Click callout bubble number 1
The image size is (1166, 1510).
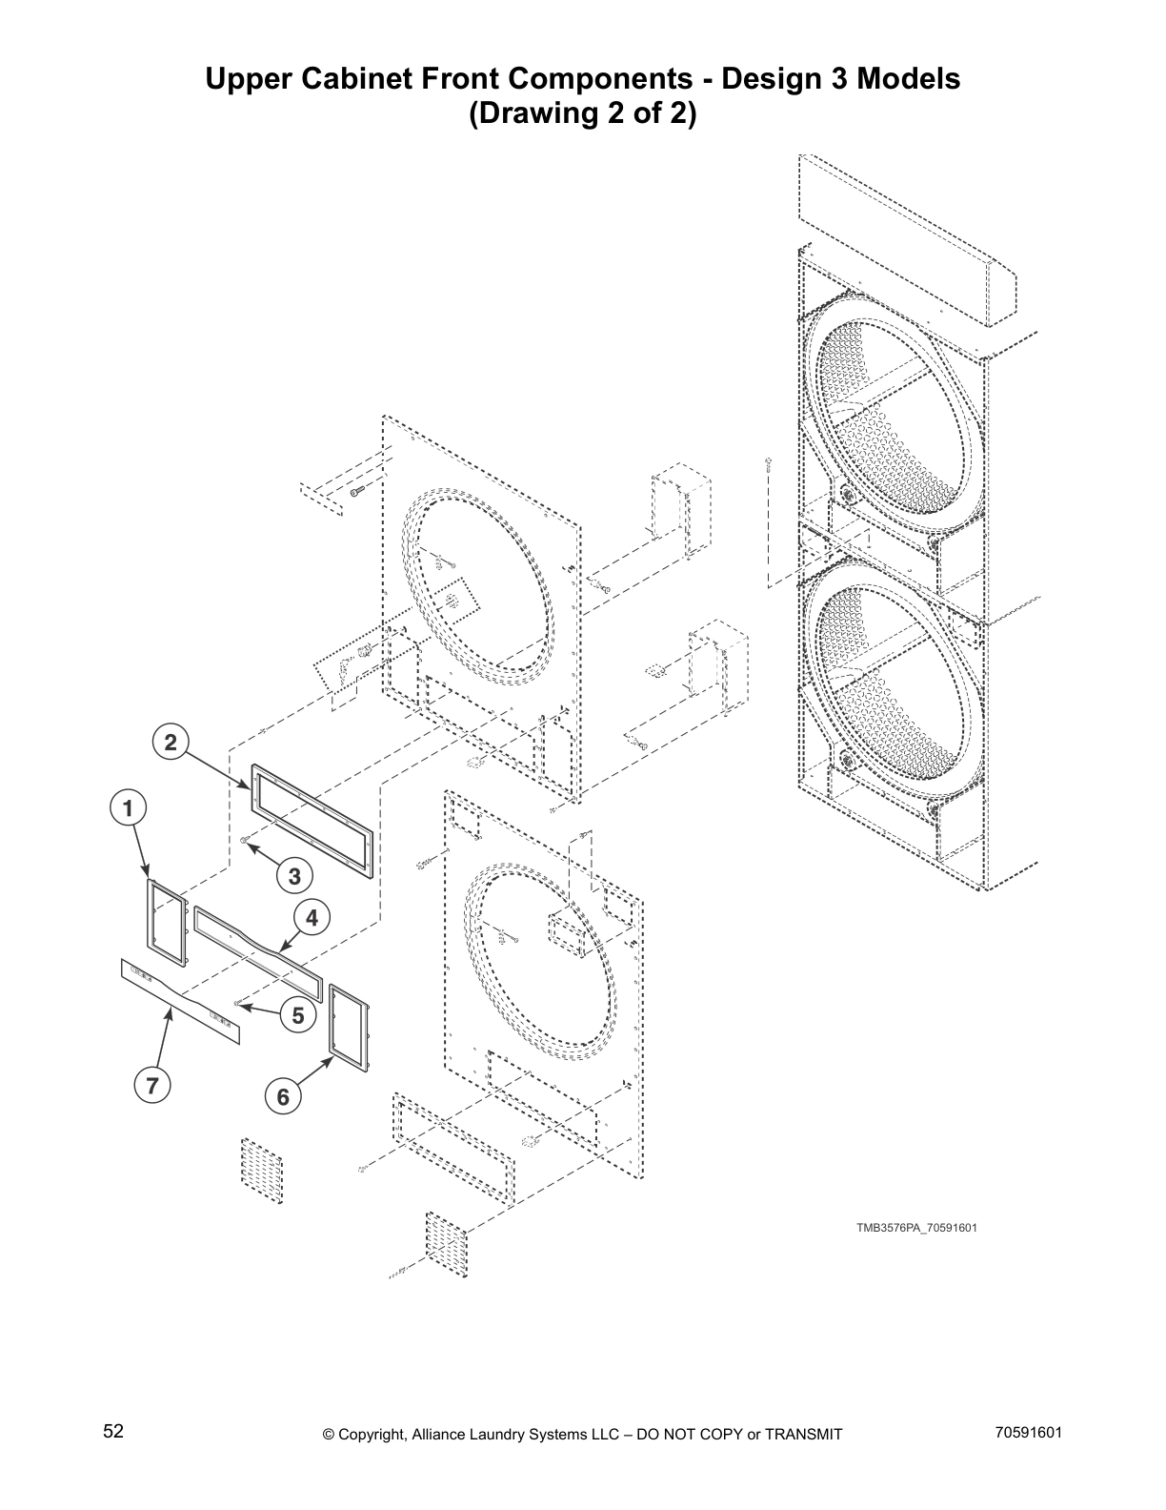[128, 808]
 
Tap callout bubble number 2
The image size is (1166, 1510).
[170, 743]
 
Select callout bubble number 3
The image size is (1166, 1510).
[294, 874]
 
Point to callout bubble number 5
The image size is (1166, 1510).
[298, 1016]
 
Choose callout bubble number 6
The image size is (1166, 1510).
[283, 1097]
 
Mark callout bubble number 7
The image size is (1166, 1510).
[151, 1084]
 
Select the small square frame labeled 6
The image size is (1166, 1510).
[348, 1025]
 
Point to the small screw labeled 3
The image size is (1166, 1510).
[246, 839]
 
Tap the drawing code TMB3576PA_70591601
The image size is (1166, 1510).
[915, 1227]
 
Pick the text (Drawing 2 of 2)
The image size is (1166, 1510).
[582, 114]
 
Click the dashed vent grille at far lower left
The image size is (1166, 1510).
[262, 1170]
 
